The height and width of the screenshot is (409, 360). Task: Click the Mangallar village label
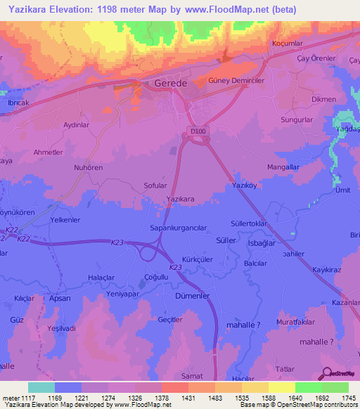click(283, 167)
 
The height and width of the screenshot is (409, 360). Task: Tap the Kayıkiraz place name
click(327, 269)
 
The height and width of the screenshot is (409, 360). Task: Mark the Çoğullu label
click(156, 278)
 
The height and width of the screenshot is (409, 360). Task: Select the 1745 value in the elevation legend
click(347, 398)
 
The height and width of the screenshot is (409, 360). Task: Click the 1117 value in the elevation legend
click(20, 398)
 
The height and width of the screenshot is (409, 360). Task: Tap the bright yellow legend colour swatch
click(281, 387)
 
